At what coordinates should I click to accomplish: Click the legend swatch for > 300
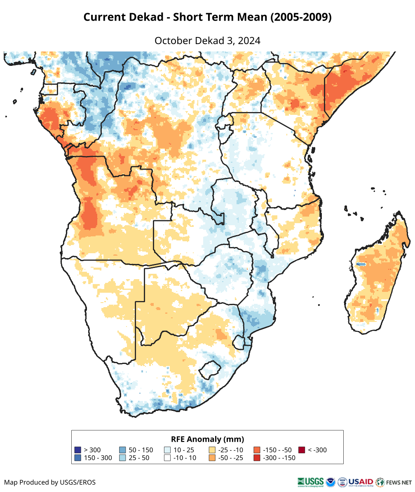pyautogui.click(x=77, y=450)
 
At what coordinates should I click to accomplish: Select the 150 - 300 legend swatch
pyautogui.click(x=77, y=458)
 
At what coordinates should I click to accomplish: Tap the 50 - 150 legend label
pyautogui.click(x=141, y=450)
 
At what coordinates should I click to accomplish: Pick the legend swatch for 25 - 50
pyautogui.click(x=122, y=458)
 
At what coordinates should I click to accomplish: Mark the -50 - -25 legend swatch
pyautogui.click(x=212, y=458)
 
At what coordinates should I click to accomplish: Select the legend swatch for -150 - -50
pyautogui.click(x=257, y=450)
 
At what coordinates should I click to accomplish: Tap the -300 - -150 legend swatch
pyautogui.click(x=257, y=458)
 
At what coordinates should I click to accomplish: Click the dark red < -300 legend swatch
pyautogui.click(x=302, y=450)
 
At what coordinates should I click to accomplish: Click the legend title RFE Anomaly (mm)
pyautogui.click(x=207, y=439)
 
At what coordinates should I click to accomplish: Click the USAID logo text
pyautogui.click(x=361, y=482)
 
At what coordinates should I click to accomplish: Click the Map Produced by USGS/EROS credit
pyautogui.click(x=50, y=482)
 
